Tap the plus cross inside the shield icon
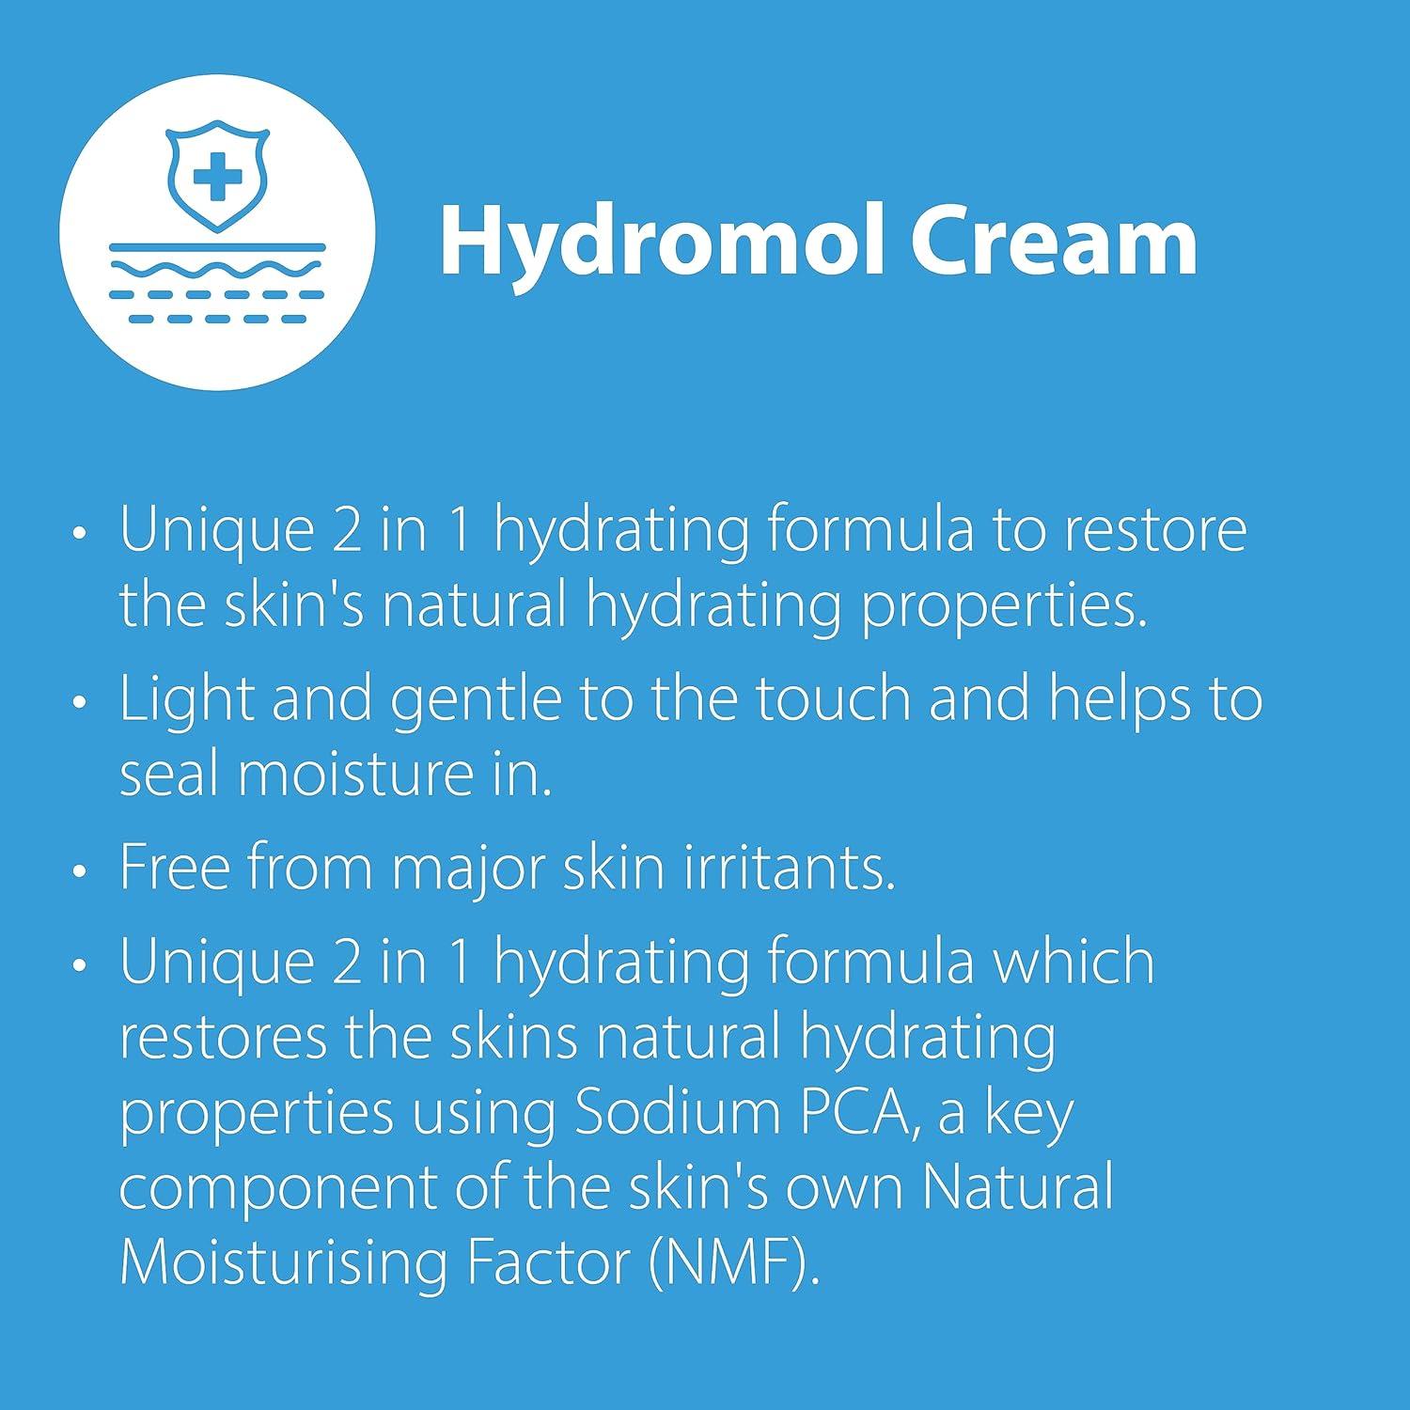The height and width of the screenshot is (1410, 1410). point(217,176)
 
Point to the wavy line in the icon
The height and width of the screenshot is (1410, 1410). point(217,270)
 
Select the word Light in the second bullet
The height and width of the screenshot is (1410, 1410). point(187,700)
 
